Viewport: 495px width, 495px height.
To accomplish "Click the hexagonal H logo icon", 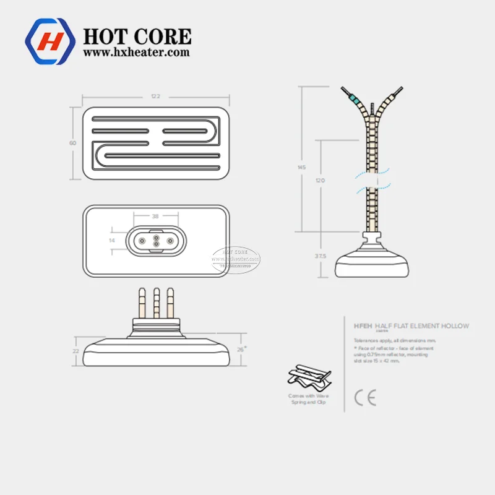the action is coord(50,42).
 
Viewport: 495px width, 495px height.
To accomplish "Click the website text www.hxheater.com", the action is coord(136,53).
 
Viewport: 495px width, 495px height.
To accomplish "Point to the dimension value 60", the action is coord(72,143).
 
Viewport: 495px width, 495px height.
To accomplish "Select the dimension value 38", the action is coord(155,217).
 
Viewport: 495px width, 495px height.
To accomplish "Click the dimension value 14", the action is coord(111,239).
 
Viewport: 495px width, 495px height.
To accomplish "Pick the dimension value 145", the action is coord(301,168).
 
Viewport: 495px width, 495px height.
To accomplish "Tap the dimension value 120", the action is coord(319,180).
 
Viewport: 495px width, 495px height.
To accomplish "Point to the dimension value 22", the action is coord(75,351).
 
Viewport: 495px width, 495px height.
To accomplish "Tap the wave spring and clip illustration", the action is coord(308,378).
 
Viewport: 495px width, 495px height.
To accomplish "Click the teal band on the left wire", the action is coord(354,99).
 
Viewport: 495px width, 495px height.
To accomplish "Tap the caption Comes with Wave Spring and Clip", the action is coord(308,399).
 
